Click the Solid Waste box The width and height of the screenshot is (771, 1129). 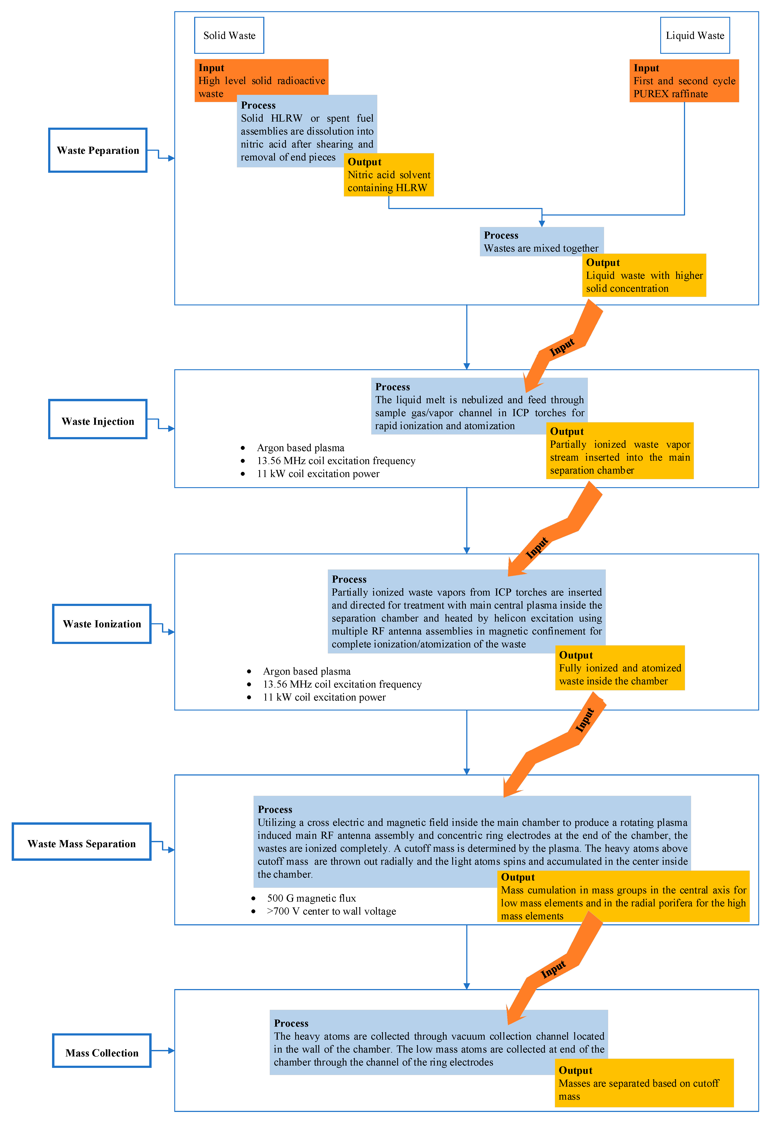click(229, 35)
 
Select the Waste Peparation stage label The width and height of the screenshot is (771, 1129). click(98, 150)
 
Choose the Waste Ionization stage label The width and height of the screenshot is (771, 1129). click(102, 624)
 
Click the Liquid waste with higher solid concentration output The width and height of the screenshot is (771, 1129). click(644, 276)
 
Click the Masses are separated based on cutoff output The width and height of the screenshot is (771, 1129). click(644, 1083)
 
